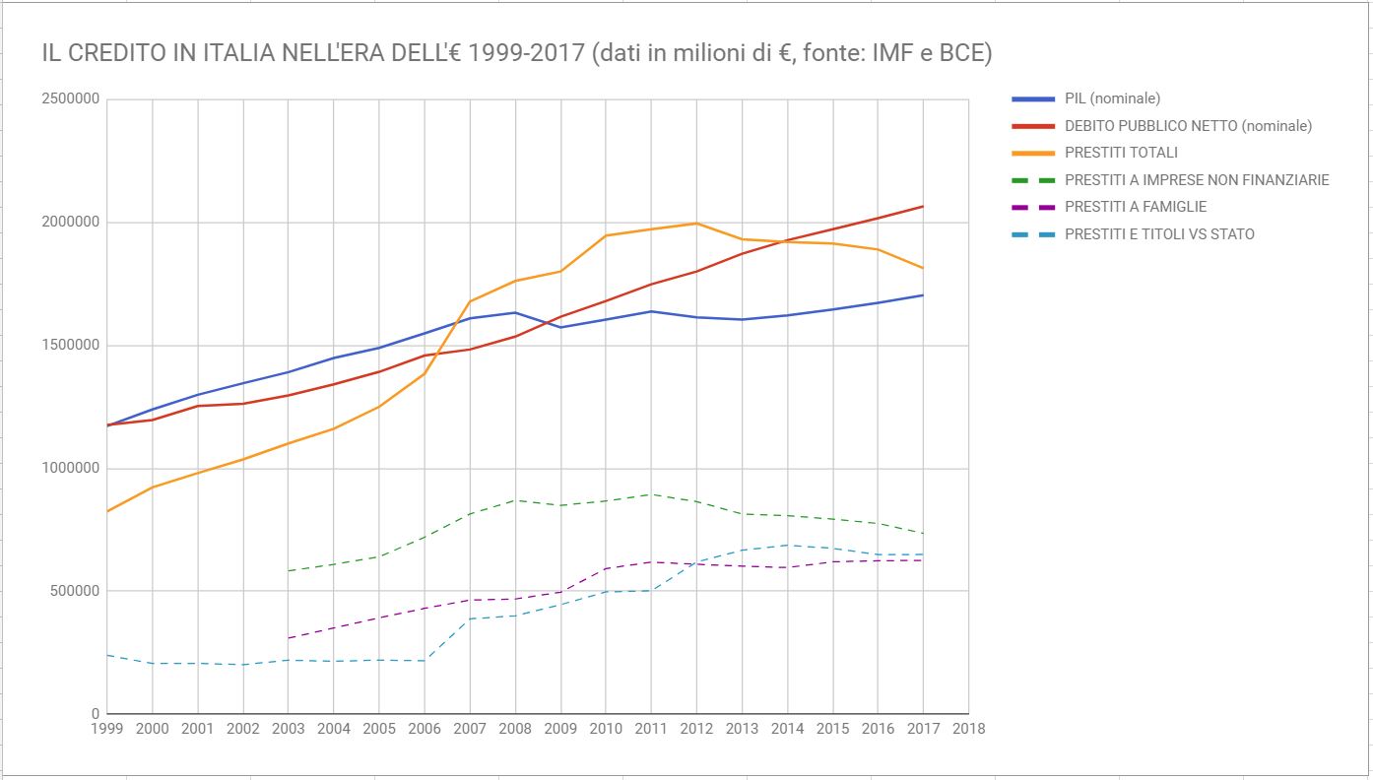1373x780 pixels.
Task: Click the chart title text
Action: (x=516, y=53)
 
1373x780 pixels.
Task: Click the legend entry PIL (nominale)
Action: (x=1112, y=98)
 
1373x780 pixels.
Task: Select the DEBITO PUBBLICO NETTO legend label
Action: (x=1188, y=126)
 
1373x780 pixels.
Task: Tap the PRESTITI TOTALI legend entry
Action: (x=1121, y=153)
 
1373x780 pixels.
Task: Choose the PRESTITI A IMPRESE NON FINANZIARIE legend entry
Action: (x=1197, y=180)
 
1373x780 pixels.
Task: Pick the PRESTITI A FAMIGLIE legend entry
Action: (x=1136, y=207)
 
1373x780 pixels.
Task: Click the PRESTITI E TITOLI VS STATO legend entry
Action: (x=1159, y=234)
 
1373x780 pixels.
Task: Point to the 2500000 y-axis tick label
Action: (x=70, y=99)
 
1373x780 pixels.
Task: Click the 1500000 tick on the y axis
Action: (x=70, y=346)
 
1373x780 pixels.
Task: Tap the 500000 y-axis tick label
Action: (x=74, y=591)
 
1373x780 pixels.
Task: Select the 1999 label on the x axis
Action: (x=106, y=729)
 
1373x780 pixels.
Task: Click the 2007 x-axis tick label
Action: (x=470, y=729)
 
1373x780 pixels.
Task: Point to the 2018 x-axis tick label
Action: (x=968, y=729)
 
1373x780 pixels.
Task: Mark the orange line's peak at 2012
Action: (x=696, y=224)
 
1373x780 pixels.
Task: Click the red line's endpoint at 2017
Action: (x=923, y=206)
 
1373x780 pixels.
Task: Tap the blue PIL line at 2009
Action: (x=560, y=327)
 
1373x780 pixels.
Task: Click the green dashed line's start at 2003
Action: (x=289, y=571)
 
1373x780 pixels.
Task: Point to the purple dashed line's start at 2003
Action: (x=289, y=638)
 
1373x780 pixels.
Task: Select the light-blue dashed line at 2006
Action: (x=425, y=660)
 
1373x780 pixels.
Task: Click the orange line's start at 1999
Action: (x=107, y=511)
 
